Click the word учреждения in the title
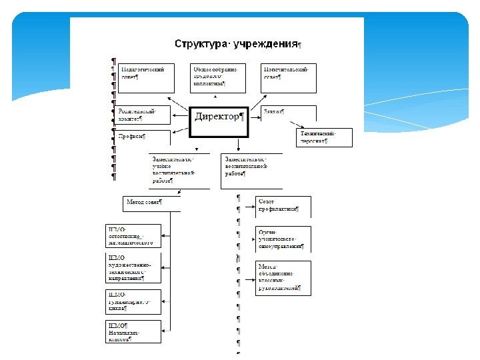[x=265, y=44]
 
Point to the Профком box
[x=143, y=137]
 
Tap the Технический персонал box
[x=323, y=137]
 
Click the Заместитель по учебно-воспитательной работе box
[x=174, y=171]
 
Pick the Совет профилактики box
[x=283, y=206]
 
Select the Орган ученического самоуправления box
[x=283, y=239]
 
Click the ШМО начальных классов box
[x=133, y=331]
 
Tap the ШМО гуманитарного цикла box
[x=133, y=303]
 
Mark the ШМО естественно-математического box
[x=133, y=236]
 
